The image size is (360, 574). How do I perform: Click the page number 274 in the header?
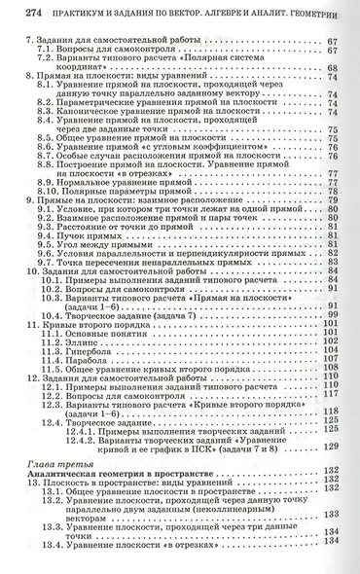coord(17,12)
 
